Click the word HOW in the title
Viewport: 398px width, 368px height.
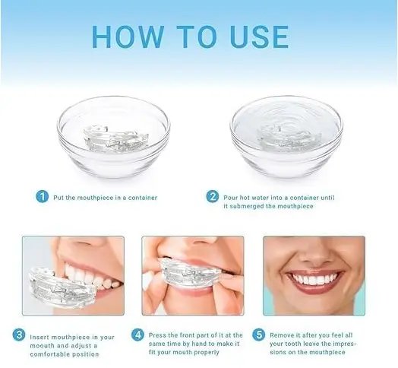tap(128, 36)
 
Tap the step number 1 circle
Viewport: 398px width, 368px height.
tap(42, 197)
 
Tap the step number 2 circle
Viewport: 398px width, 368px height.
tap(213, 197)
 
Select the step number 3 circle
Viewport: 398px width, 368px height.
tap(19, 335)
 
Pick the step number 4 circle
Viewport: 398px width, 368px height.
tap(137, 335)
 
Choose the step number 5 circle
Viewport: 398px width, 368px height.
tap(259, 335)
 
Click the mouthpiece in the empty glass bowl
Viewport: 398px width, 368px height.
tap(115, 139)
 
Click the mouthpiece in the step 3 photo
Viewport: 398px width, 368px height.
tap(63, 288)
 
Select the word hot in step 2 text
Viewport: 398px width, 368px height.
tap(245, 198)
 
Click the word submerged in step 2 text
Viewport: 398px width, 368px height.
tap(245, 206)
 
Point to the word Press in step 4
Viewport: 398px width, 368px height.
tap(158, 335)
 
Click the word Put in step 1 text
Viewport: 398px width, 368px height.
tap(58, 198)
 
